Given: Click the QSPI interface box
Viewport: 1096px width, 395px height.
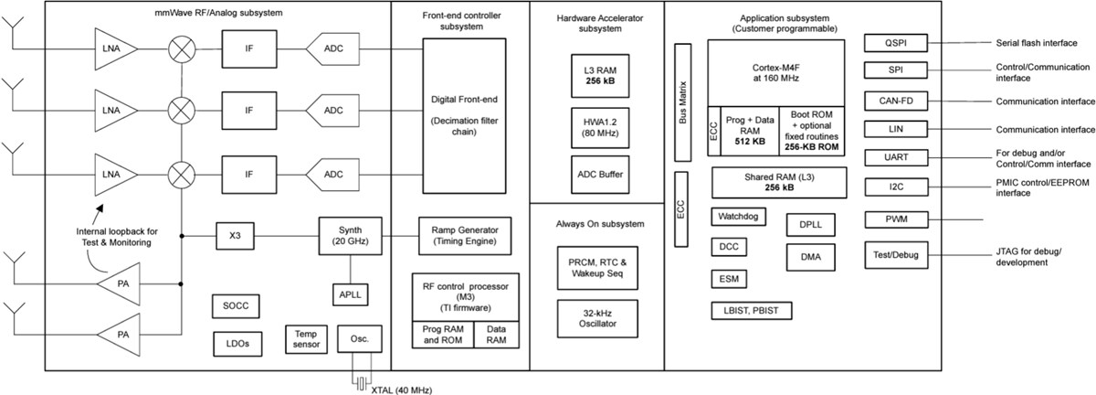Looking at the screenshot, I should click(896, 43).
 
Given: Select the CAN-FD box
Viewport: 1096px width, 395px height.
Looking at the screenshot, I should click(896, 101).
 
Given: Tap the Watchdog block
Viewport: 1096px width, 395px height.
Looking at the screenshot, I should click(739, 218).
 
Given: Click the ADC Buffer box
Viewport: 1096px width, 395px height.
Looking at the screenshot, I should click(596, 173).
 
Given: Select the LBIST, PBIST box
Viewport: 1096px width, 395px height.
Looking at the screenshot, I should click(751, 311).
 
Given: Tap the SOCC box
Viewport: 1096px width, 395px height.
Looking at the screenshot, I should click(236, 304).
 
